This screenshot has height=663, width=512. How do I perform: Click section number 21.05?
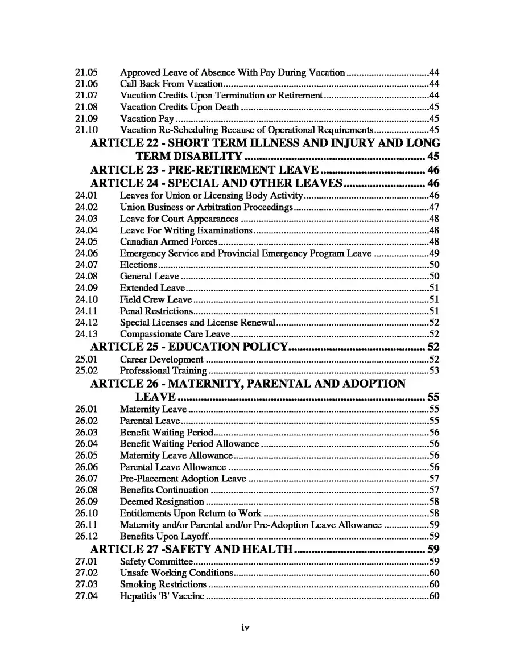pos(86,72)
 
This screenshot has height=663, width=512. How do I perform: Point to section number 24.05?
pos(86,242)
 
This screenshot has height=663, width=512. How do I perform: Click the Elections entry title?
pos(138,265)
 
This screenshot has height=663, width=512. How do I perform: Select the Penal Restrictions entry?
pos(156,311)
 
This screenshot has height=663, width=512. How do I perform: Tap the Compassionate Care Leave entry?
pos(175,334)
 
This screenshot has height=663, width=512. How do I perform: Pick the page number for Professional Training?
pos(434,371)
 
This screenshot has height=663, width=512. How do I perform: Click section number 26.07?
pos(86,478)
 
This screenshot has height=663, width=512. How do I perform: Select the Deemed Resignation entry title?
pos(162,501)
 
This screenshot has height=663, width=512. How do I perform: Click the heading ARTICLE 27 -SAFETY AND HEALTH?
pos(192,549)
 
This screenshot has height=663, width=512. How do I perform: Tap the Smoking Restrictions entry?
pos(163,584)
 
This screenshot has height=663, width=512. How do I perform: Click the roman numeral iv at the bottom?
pos(245,628)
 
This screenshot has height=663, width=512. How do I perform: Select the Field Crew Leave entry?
pos(155,299)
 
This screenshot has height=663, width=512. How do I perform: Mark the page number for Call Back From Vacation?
pos(434,84)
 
